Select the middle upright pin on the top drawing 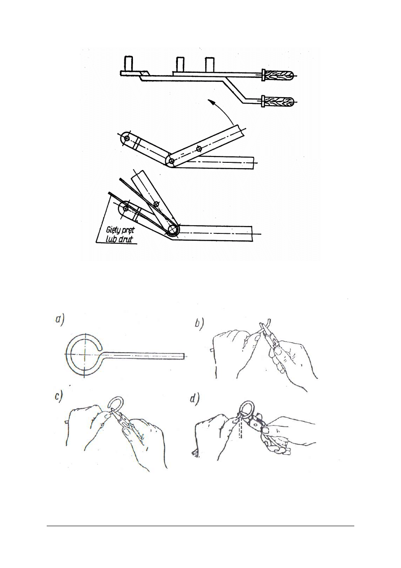[x=180, y=64]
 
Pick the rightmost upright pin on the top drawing [x=210, y=64]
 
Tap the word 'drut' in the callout [x=125, y=239]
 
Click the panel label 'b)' [x=199, y=324]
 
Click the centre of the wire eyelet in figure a [x=84, y=353]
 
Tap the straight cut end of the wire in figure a [x=185, y=356]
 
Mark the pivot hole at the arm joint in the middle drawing [x=172, y=161]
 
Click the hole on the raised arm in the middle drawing [x=199, y=148]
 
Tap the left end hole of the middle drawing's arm [x=127, y=139]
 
